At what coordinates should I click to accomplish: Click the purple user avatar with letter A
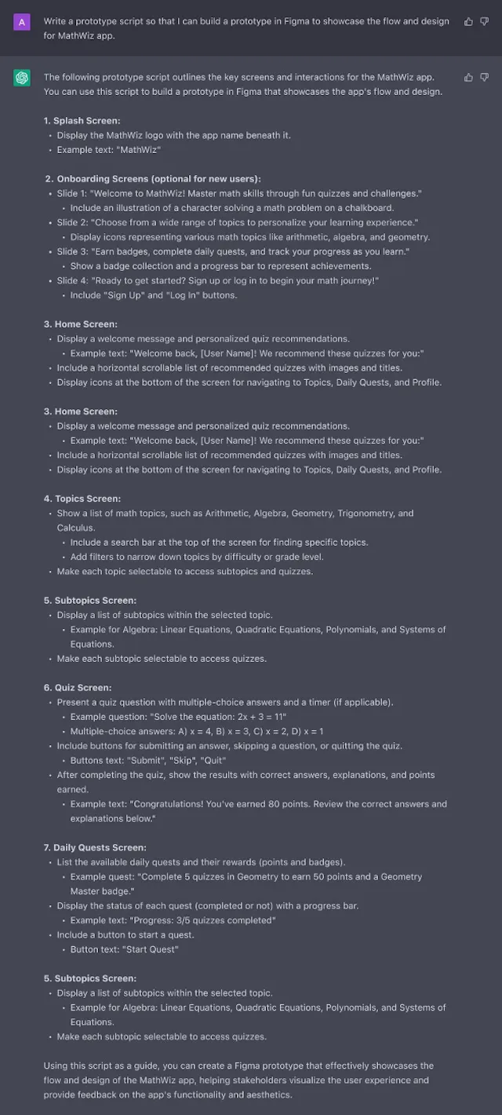tap(21, 21)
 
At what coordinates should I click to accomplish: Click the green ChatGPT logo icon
tap(21, 78)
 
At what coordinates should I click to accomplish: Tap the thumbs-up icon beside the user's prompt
tap(469, 21)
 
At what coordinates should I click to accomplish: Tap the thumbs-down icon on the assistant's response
tap(484, 77)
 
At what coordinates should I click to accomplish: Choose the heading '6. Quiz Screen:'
tap(78, 688)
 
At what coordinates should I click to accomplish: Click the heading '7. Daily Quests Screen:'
tap(95, 848)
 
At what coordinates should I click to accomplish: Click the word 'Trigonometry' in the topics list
tap(365, 514)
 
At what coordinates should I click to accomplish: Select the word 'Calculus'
tap(75, 528)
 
